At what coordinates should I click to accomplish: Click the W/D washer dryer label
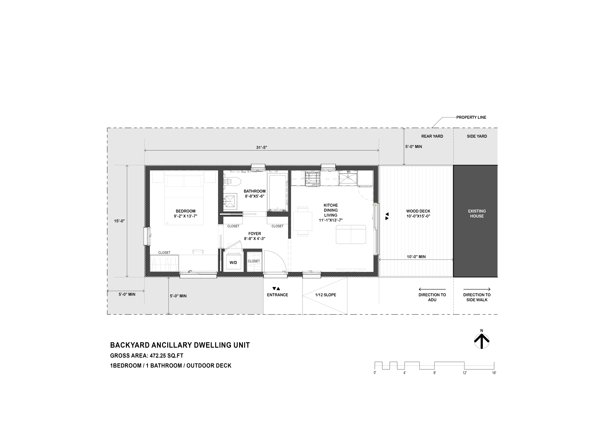pyautogui.click(x=233, y=263)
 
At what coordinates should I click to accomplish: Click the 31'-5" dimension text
pyautogui.click(x=261, y=147)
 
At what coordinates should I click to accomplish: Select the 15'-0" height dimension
pyautogui.click(x=119, y=221)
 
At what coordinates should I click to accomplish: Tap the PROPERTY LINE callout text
pyautogui.click(x=471, y=117)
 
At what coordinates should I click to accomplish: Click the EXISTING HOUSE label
pyautogui.click(x=477, y=214)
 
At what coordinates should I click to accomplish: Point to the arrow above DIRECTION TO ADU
pyautogui.click(x=432, y=289)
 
